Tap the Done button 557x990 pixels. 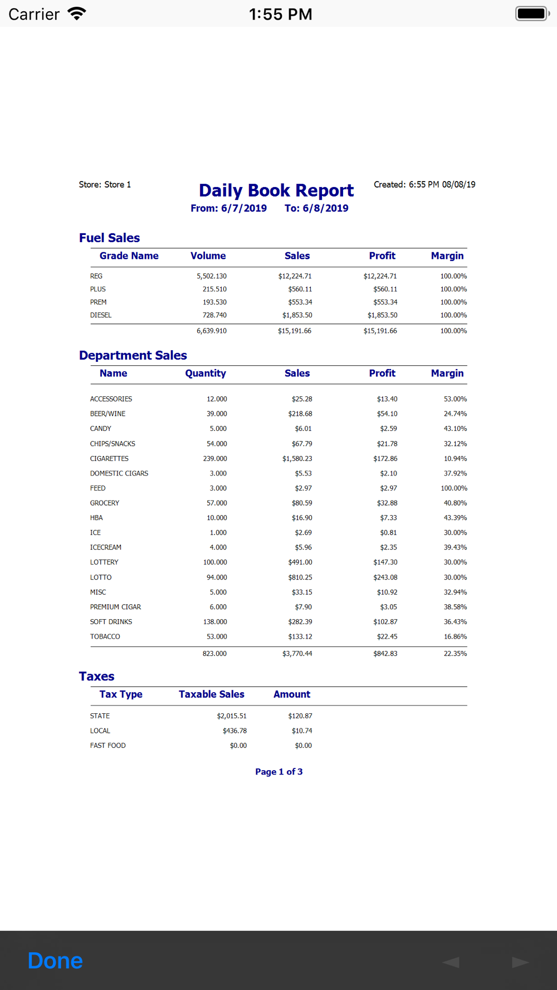[x=55, y=960]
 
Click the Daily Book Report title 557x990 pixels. [x=276, y=190]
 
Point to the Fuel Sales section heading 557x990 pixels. [x=109, y=238]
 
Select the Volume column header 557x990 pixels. [x=208, y=256]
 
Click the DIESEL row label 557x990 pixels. [x=101, y=315]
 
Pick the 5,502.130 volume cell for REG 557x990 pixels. [x=212, y=276]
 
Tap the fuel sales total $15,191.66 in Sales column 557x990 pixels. [x=295, y=331]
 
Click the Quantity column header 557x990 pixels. [x=206, y=373]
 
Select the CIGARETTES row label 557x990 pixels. [x=109, y=459]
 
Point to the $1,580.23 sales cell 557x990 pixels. [x=297, y=459]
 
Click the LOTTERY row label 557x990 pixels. [x=104, y=562]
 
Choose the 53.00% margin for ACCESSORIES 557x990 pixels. [x=455, y=399]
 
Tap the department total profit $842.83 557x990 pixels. [x=385, y=654]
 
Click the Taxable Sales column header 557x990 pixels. [x=212, y=694]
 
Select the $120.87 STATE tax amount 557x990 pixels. [x=300, y=716]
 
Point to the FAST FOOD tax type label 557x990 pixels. [x=108, y=746]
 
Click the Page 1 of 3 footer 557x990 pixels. [x=279, y=772]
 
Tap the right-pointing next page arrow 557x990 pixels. [x=520, y=962]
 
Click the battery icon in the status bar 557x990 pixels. [x=532, y=13]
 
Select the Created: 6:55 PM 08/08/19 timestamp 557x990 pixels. [x=424, y=184]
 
